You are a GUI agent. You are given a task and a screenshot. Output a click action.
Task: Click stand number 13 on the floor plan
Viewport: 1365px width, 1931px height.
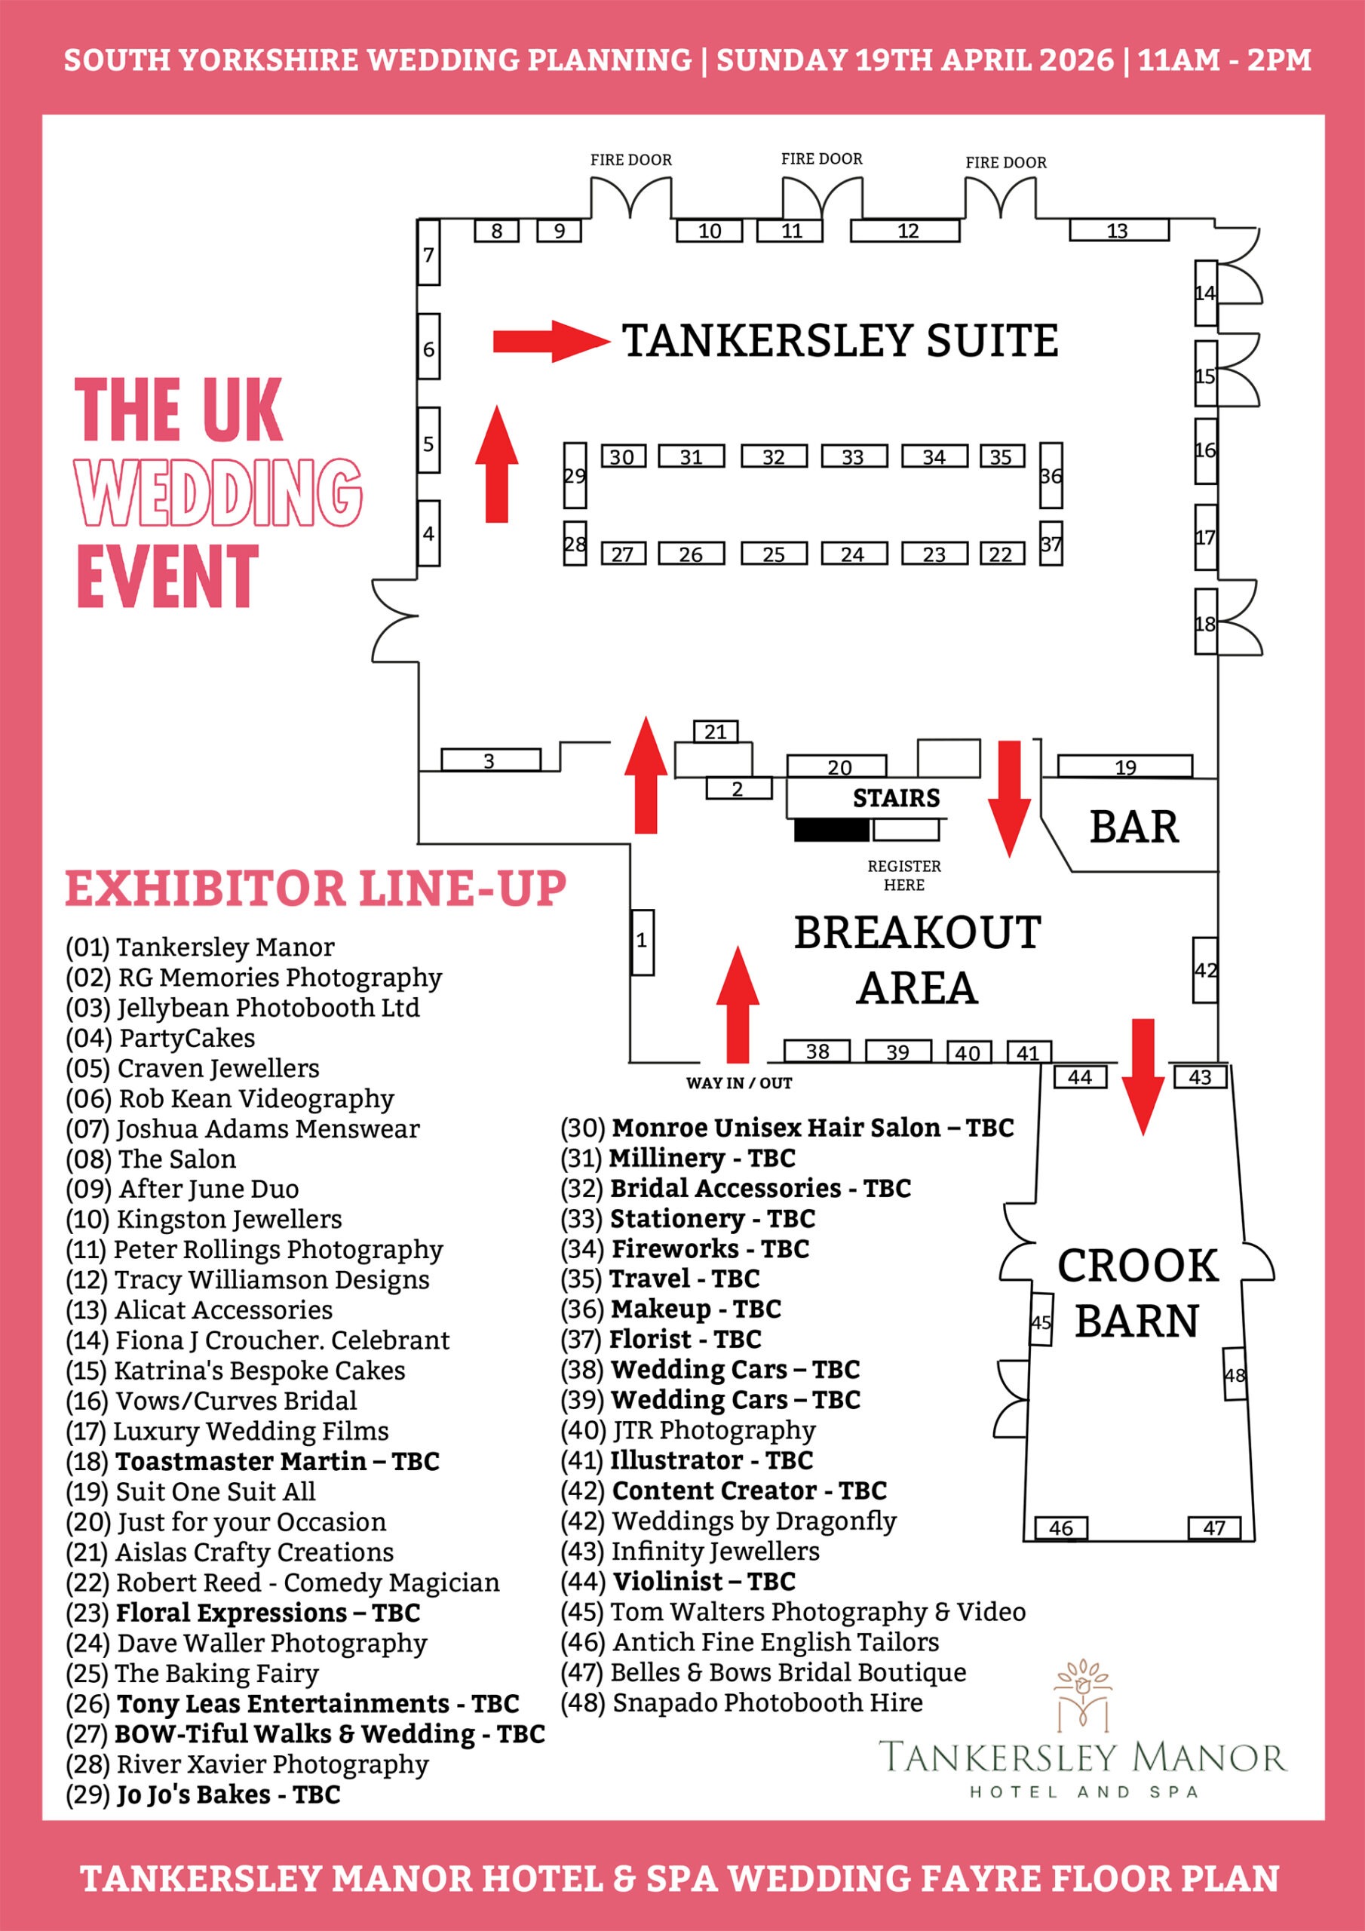1118,231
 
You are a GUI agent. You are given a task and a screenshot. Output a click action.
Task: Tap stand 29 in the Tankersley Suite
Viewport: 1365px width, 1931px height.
575,475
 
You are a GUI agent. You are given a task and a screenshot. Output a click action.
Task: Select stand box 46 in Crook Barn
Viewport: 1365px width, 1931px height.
1060,1528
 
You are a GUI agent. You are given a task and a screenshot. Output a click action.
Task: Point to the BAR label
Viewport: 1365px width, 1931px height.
1133,827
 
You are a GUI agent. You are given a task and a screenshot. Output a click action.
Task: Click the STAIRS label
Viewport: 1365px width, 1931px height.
896,798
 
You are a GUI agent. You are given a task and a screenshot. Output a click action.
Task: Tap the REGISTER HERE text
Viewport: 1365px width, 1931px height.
904,876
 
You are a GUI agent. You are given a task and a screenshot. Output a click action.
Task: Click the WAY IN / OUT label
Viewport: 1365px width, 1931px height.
738,1083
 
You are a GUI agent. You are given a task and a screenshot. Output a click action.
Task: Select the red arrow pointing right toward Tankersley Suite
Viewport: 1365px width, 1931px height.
551,341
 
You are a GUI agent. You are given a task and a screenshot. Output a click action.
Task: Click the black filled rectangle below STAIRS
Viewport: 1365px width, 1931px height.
832,830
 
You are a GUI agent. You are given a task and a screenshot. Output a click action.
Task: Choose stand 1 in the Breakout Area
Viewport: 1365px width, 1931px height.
642,942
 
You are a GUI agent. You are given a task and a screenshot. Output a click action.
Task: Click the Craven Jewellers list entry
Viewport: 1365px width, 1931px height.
192,1068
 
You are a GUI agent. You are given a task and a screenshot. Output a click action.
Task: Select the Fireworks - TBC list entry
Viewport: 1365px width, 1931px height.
685,1249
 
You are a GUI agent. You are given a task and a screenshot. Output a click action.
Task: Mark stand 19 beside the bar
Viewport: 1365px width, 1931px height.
1124,766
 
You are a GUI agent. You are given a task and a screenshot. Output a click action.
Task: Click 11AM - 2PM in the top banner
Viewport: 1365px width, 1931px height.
1224,60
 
